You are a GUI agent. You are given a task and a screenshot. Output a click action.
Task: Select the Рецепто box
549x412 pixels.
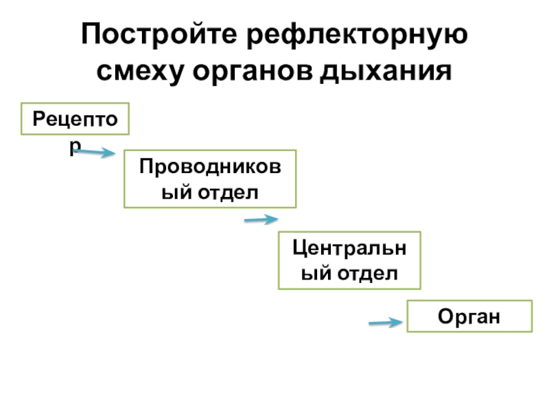pyautogui.click(x=76, y=120)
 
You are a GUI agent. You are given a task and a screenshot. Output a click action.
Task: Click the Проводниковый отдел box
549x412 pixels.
pyautogui.click(x=209, y=179)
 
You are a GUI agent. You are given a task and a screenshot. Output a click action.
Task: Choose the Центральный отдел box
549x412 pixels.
pyautogui.click(x=349, y=260)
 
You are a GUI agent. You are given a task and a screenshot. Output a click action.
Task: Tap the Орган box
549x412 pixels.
pyautogui.click(x=469, y=316)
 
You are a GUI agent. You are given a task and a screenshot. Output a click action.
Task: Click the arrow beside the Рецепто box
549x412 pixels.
pyautogui.click(x=95, y=152)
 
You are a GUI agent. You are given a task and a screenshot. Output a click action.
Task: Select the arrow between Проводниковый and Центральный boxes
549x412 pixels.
pyautogui.click(x=261, y=220)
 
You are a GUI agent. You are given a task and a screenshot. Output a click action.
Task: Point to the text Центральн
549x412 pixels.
pyautogui.click(x=349, y=246)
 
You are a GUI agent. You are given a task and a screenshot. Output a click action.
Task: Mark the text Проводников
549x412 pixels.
pyautogui.click(x=209, y=165)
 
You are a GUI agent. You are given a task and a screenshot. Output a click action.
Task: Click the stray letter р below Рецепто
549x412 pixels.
pyautogui.click(x=75, y=146)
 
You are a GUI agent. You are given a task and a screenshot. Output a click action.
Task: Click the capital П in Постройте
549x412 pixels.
pyautogui.click(x=90, y=34)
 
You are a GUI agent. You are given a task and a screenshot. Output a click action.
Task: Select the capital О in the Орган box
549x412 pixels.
pyautogui.click(x=444, y=317)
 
